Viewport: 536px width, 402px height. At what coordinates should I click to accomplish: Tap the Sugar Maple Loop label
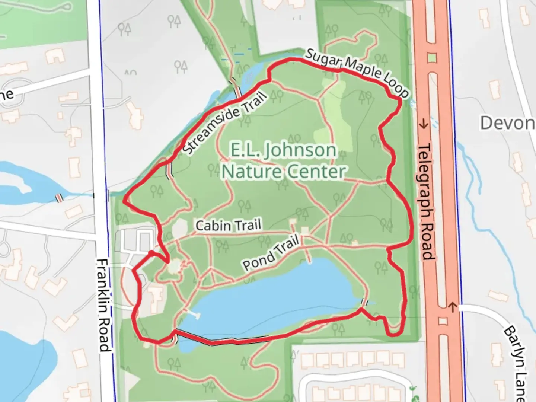(x=357, y=72)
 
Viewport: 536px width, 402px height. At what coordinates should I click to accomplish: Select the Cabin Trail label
(x=228, y=226)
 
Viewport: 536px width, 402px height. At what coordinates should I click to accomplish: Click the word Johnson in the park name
(x=283, y=150)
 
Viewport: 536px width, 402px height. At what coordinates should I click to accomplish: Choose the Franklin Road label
(x=104, y=305)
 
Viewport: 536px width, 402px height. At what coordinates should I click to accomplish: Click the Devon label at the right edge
(x=507, y=123)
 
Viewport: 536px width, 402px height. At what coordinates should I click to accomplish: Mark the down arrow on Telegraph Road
(x=424, y=124)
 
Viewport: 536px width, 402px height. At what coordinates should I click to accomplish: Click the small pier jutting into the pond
(x=192, y=314)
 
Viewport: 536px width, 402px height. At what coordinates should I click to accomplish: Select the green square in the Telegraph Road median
(x=431, y=58)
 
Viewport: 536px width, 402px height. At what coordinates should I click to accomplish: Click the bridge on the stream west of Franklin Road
(x=59, y=198)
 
